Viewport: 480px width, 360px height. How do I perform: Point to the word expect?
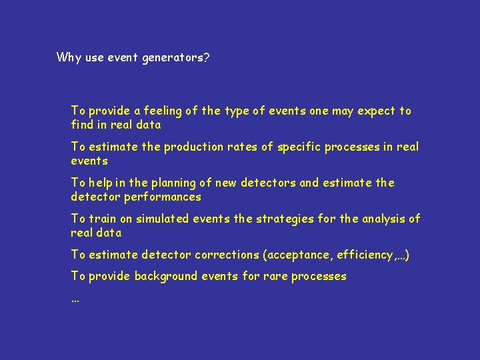click(377, 111)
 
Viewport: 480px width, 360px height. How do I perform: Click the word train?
click(102, 219)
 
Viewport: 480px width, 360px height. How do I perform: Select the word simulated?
click(163, 219)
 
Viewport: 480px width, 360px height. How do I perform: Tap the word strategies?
click(254, 219)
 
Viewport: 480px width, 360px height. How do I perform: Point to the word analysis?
click(383, 219)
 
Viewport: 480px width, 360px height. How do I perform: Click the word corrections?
click(226, 255)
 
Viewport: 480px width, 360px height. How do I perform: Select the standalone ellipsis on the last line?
click(75, 300)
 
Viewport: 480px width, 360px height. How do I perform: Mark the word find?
click(82, 125)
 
